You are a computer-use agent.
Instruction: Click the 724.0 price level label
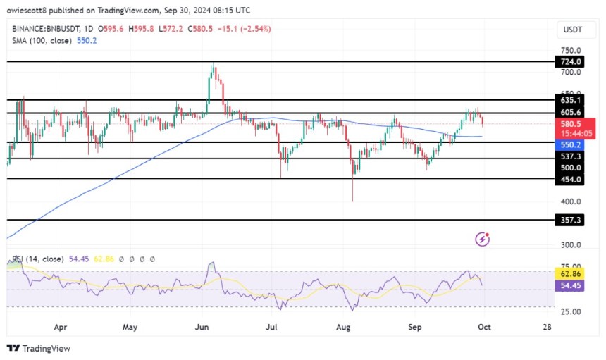[x=570, y=62]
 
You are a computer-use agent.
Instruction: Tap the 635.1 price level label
[x=570, y=100]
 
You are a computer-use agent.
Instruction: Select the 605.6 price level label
[x=570, y=113]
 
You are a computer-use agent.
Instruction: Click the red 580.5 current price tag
[x=570, y=124]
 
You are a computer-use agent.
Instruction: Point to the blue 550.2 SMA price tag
[x=570, y=144]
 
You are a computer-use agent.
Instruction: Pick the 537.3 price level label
[x=570, y=156]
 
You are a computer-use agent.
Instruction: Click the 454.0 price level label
[x=570, y=180]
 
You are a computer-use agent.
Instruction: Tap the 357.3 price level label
[x=570, y=221]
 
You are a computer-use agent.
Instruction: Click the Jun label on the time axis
[x=202, y=327]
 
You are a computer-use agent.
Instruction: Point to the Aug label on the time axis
[x=343, y=327]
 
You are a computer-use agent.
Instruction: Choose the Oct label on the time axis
[x=483, y=327]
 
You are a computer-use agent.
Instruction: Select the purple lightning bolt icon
[x=483, y=240]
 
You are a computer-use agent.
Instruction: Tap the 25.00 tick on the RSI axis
[x=570, y=311]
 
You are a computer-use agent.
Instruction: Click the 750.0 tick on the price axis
[x=570, y=51]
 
